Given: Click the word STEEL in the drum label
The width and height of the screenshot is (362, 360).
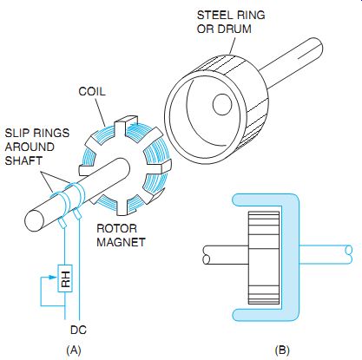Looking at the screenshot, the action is click(x=213, y=15).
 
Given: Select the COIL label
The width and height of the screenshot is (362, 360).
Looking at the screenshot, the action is click(x=92, y=92).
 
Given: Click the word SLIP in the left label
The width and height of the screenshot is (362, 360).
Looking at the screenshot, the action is click(x=17, y=133).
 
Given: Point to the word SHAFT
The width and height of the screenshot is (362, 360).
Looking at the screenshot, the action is click(x=23, y=160).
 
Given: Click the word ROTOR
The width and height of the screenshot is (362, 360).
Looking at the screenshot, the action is click(x=116, y=228).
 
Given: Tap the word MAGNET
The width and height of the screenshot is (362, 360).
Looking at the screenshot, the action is click(x=121, y=242).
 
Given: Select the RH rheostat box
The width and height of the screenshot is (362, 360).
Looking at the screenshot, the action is click(x=65, y=278).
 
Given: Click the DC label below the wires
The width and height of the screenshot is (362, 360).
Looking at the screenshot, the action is click(x=78, y=330).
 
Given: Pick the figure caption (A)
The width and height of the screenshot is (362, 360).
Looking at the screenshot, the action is click(x=74, y=350).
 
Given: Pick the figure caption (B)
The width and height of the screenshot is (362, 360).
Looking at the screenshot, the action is click(x=282, y=350).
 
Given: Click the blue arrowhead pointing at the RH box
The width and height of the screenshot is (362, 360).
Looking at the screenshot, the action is click(x=53, y=278).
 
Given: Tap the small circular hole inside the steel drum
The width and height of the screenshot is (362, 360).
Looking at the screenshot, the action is click(x=222, y=105).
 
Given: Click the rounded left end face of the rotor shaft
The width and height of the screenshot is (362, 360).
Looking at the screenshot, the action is click(x=36, y=220).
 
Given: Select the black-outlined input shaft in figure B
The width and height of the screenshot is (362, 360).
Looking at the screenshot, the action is click(x=226, y=255).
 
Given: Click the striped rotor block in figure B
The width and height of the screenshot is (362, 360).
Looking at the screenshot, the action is click(x=264, y=258).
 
